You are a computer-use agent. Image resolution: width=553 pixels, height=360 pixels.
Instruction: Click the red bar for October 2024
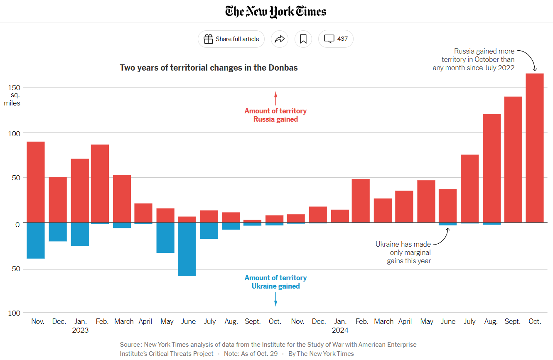[534, 148]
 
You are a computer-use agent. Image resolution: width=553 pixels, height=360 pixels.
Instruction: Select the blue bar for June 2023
[187, 249]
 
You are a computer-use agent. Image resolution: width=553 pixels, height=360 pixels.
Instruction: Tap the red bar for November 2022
[36, 182]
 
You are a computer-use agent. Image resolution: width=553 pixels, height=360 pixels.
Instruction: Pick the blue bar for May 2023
[165, 238]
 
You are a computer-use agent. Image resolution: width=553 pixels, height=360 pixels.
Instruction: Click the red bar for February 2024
[361, 201]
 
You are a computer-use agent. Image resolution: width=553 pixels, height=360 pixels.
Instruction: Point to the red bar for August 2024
[492, 168]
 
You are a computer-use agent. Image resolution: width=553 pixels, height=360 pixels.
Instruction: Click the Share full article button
[231, 39]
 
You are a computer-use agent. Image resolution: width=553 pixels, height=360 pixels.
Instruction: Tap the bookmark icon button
[303, 39]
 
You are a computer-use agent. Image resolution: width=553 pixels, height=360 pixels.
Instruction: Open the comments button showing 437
[336, 39]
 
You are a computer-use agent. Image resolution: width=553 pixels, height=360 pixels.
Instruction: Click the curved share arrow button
[280, 39]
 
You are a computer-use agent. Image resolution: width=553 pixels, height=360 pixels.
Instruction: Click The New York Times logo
[276, 11]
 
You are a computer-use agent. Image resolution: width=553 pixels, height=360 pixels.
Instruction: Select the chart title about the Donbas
[209, 68]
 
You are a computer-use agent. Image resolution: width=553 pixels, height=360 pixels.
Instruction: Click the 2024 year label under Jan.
[340, 331]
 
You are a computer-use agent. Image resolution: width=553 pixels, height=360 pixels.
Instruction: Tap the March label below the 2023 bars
[124, 321]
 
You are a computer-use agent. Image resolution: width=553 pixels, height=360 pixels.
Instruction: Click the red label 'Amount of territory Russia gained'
[275, 115]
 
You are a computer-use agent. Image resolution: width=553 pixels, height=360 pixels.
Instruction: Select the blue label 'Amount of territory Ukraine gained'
[275, 282]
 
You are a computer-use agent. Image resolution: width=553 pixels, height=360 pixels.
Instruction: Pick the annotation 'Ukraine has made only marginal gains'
[403, 252]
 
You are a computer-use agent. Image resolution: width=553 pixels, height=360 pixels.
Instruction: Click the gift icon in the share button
[208, 39]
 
